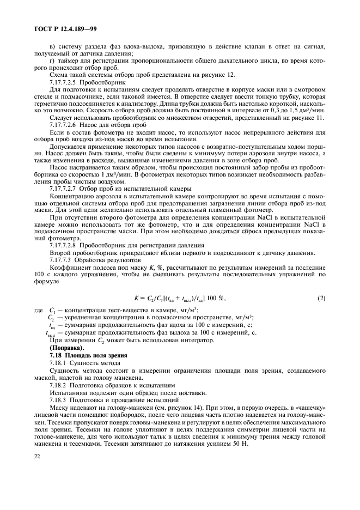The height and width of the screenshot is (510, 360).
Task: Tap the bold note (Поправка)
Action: coord(67,347)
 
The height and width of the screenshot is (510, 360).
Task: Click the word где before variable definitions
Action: coord(38,309)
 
